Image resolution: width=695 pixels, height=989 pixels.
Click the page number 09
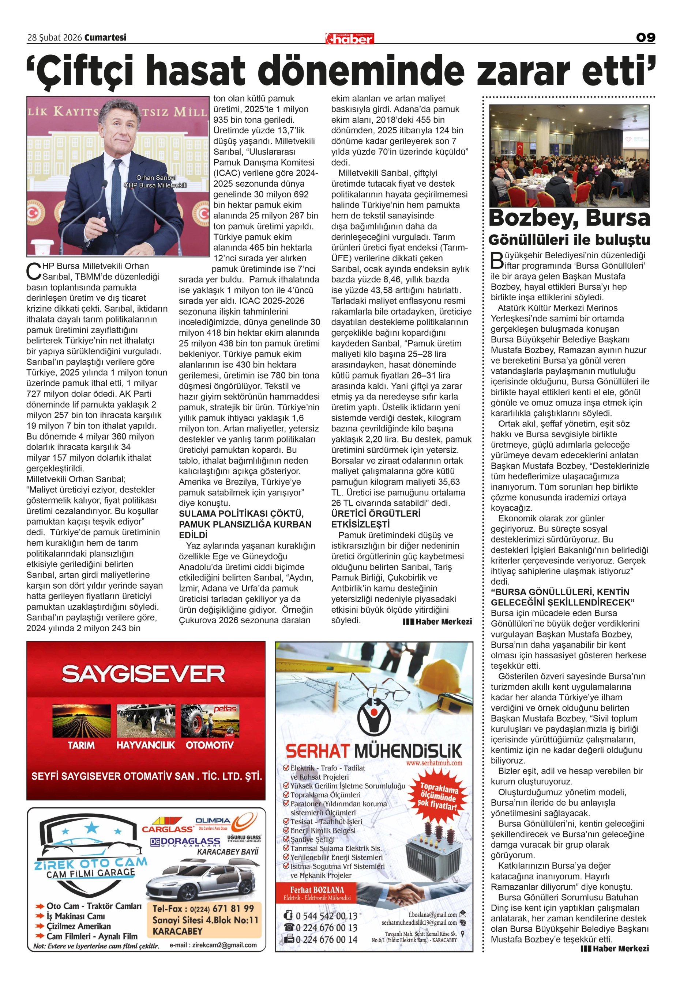click(x=645, y=38)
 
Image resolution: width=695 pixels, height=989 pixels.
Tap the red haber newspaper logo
click(x=350, y=39)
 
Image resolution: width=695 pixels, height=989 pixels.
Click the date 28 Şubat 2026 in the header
click(x=55, y=38)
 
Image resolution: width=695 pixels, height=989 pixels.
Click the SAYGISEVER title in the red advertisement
click(x=143, y=674)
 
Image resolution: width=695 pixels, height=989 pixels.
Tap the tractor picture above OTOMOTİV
click(x=210, y=720)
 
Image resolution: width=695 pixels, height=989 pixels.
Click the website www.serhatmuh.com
click(x=434, y=762)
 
